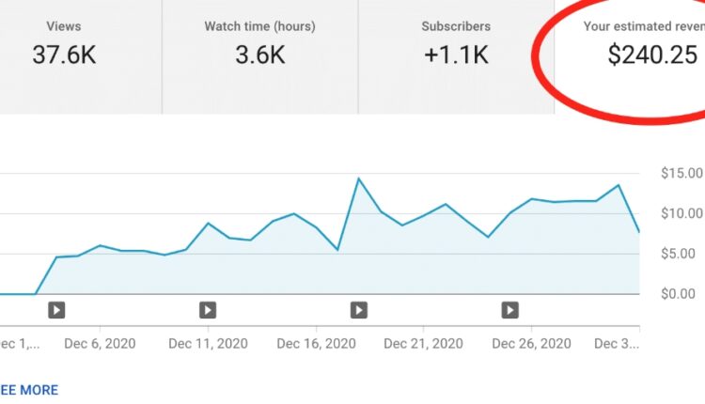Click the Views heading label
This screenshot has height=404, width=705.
(x=64, y=26)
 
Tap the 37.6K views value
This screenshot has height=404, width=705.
(x=64, y=55)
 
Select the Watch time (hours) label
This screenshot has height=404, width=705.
(x=260, y=26)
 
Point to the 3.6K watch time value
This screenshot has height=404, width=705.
(x=260, y=55)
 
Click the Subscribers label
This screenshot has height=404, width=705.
(x=456, y=26)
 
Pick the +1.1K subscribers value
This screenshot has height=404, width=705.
(x=456, y=55)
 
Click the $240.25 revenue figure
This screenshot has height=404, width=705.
(x=652, y=55)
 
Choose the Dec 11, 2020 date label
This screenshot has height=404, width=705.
(x=208, y=344)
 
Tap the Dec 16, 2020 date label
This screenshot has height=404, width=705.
(x=316, y=344)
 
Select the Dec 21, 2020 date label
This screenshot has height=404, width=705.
(x=424, y=344)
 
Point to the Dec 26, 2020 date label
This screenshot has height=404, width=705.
(x=531, y=344)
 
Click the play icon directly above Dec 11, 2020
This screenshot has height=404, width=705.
(x=208, y=309)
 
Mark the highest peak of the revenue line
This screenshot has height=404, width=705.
(x=358, y=179)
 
